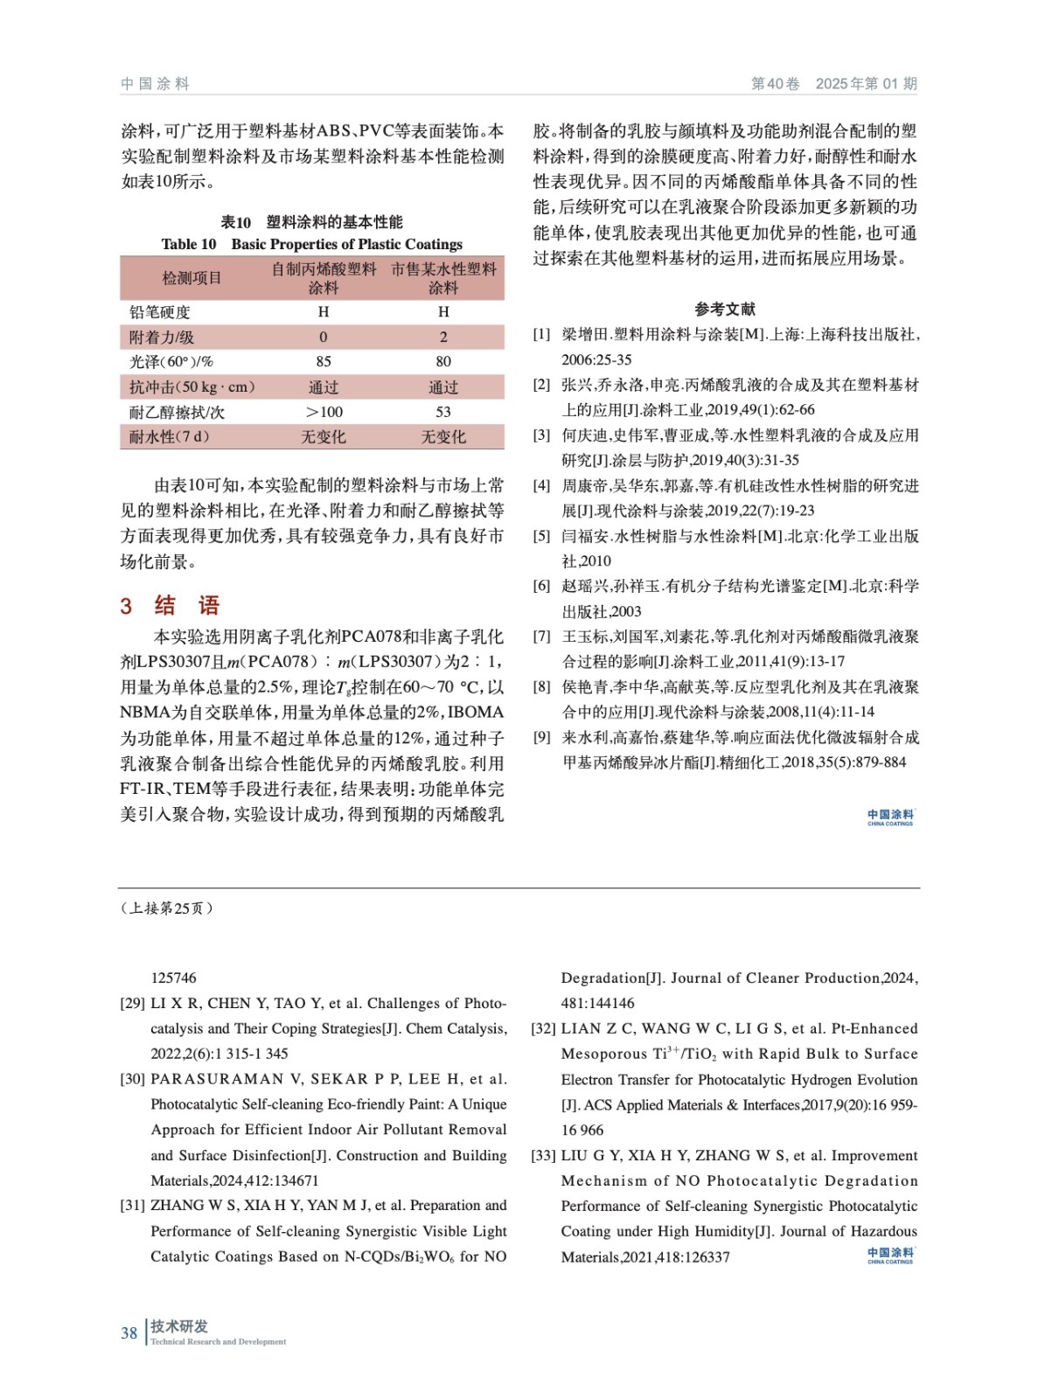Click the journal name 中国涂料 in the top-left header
(155, 84)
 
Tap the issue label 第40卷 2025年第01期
(833, 84)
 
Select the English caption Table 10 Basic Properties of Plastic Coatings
(311, 244)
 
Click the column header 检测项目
(192, 278)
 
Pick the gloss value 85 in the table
(324, 361)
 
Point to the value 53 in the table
(443, 412)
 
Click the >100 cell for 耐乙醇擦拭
(324, 412)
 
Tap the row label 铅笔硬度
(160, 312)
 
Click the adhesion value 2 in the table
(443, 337)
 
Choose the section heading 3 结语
(170, 606)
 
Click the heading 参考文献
(725, 309)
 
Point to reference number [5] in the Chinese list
(542, 536)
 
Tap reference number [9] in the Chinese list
(542, 737)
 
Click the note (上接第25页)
(167, 908)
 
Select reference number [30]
(133, 1079)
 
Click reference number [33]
(543, 1155)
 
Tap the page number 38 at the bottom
(129, 1333)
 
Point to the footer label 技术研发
(179, 1326)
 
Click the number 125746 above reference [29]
(174, 978)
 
